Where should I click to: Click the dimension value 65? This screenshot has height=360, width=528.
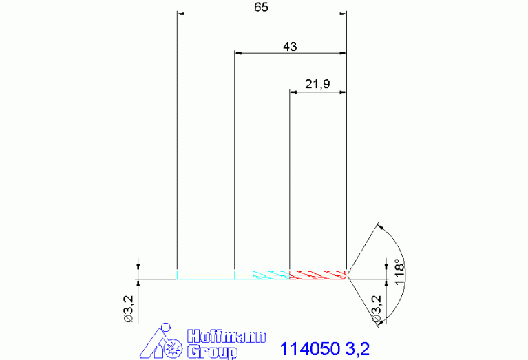tap(261, 7)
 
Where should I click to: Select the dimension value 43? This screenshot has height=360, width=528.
tap(290, 47)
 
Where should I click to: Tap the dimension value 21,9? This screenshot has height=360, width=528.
tap(317, 84)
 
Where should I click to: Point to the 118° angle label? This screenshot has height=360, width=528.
tap(399, 272)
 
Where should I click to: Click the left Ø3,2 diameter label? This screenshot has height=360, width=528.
tap(129, 309)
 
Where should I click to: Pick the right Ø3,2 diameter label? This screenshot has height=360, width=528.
tap(376, 310)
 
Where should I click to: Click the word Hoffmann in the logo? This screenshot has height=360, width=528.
tap(226, 337)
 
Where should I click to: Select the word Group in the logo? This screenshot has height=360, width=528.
tap(212, 352)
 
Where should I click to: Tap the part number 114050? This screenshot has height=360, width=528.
tap(310, 349)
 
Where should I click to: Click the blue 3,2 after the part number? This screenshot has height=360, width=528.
tap(357, 349)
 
